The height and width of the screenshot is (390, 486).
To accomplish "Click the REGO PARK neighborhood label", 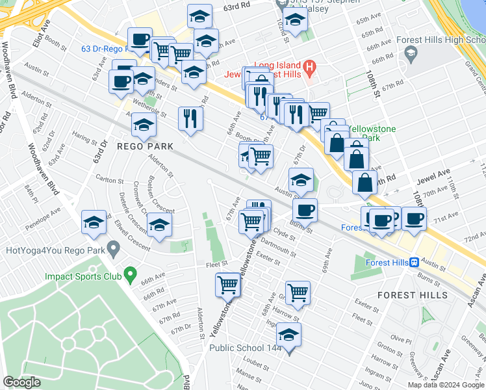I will click(x=146, y=146).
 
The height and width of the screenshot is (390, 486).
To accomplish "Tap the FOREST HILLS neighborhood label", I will click(x=410, y=295).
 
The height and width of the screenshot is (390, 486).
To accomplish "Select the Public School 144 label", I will click(x=248, y=348).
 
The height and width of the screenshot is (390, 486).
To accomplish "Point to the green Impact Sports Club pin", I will click(x=130, y=276).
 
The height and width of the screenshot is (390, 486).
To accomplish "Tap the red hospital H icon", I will click(x=309, y=66).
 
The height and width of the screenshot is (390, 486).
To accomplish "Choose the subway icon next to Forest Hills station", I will click(x=413, y=263).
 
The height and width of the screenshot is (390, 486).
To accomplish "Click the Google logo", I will click(x=22, y=382).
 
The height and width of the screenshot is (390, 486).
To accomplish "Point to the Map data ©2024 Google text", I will click(x=445, y=385).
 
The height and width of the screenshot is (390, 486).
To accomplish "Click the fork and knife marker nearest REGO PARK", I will click(x=190, y=118).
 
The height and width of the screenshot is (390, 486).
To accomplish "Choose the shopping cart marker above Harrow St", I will click(x=298, y=292).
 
